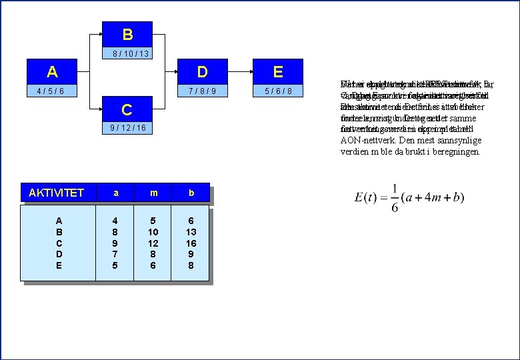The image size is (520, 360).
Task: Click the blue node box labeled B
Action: pos(127,34)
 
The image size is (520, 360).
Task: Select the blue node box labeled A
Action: pos(52,72)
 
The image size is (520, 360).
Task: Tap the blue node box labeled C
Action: pos(127,109)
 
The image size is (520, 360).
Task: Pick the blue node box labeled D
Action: pos(203,72)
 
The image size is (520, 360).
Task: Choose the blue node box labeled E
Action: pos(278,72)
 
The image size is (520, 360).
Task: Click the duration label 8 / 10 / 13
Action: pos(130,53)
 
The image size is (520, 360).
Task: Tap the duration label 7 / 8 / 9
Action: pos(203,91)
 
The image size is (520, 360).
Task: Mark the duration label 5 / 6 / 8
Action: pos(278,91)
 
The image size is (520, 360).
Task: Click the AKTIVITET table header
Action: pos(56,193)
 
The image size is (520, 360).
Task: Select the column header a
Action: pos(115,193)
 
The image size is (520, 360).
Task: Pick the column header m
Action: pos(153,193)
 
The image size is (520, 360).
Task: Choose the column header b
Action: pos(191,193)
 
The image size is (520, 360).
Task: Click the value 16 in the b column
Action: pos(191,243)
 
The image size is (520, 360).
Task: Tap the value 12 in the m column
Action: pos(153,243)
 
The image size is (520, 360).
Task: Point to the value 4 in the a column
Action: pos(115,220)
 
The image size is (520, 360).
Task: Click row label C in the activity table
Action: pos(59,243)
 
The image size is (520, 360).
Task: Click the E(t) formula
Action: pos(409,198)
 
